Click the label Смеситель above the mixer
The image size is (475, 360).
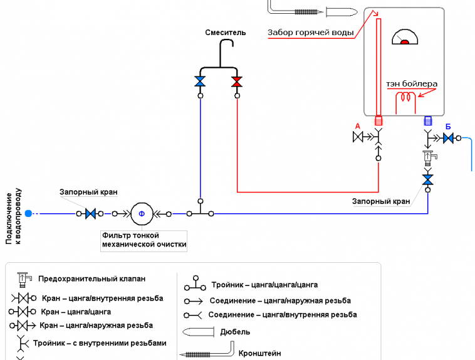226,33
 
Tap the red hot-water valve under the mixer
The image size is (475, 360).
237,82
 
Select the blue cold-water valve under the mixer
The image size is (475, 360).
201,82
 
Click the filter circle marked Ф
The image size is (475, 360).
142,214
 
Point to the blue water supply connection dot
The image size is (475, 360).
28,214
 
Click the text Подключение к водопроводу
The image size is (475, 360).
13,215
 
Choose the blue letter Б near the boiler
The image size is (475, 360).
448,126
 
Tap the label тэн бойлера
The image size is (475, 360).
412,83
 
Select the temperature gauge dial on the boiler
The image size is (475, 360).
404,38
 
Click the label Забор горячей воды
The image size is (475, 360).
310,33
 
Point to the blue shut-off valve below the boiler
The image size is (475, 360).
428,180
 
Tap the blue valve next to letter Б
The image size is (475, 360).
448,138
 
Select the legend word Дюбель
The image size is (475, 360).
235,332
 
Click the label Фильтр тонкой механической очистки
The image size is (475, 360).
144,240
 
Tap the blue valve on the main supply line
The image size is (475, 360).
91,214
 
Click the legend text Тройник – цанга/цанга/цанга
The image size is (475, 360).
264,285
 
